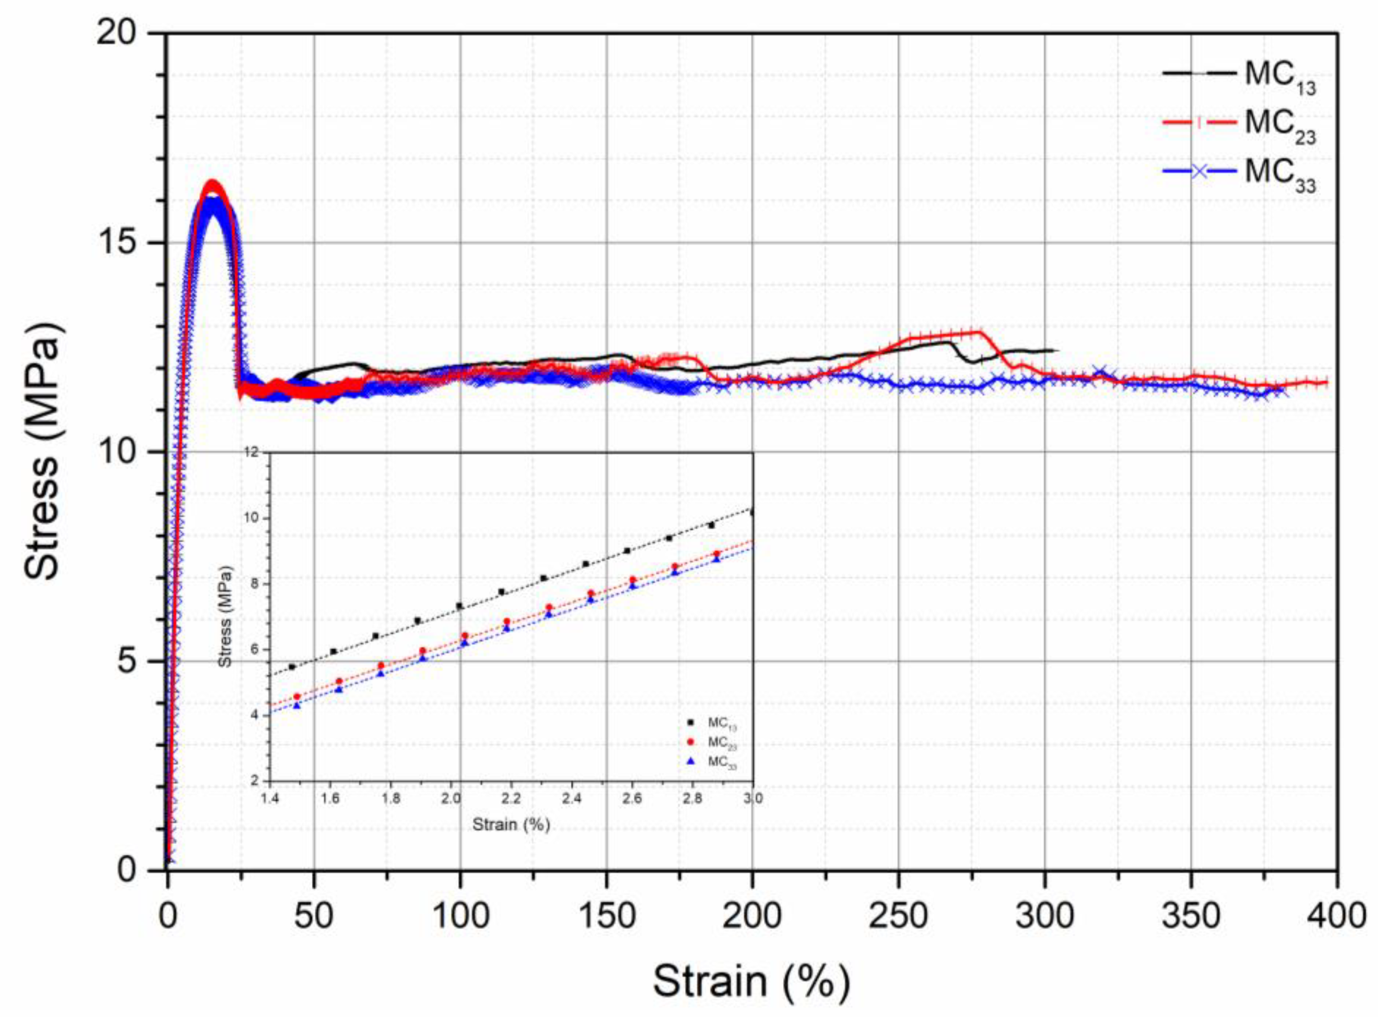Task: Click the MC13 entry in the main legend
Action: point(1279,76)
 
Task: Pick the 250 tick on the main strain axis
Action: point(898,916)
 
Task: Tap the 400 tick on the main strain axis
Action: point(1336,916)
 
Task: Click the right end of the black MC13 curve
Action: point(1056,350)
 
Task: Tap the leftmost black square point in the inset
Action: point(292,667)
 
